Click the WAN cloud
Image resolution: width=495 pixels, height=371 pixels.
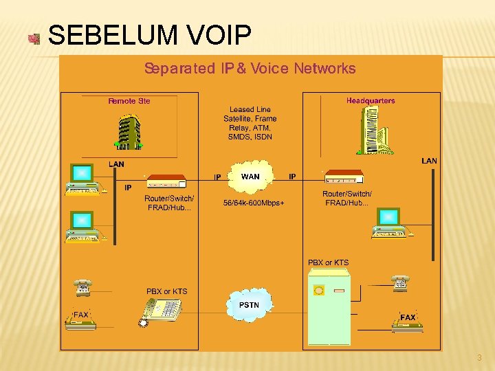[x=251, y=177]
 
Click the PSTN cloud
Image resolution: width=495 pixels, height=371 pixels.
[x=249, y=304]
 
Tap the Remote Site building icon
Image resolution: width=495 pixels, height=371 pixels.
[x=128, y=132]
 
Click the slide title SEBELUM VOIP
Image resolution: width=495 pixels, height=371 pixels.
[x=150, y=35]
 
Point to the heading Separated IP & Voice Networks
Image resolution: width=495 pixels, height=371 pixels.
[x=250, y=69]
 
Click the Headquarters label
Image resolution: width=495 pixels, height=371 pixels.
[x=371, y=101]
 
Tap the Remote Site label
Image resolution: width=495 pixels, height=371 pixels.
[x=129, y=101]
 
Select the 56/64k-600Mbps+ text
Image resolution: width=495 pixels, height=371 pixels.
[x=254, y=203]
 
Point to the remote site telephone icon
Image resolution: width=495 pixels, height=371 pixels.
[x=83, y=287]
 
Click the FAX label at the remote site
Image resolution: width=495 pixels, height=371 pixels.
[x=81, y=315]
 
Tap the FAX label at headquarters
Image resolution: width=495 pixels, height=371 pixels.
[x=408, y=317]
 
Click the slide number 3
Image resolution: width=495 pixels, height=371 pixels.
[x=479, y=358]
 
